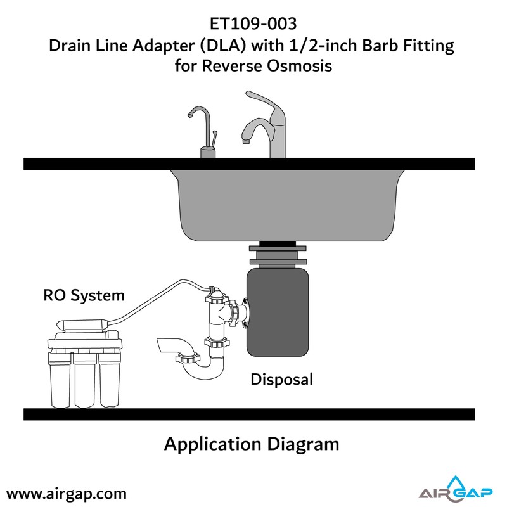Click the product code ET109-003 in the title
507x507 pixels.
[253, 23]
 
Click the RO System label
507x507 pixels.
[84, 295]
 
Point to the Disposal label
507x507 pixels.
[282, 380]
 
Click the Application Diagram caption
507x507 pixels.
[252, 444]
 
